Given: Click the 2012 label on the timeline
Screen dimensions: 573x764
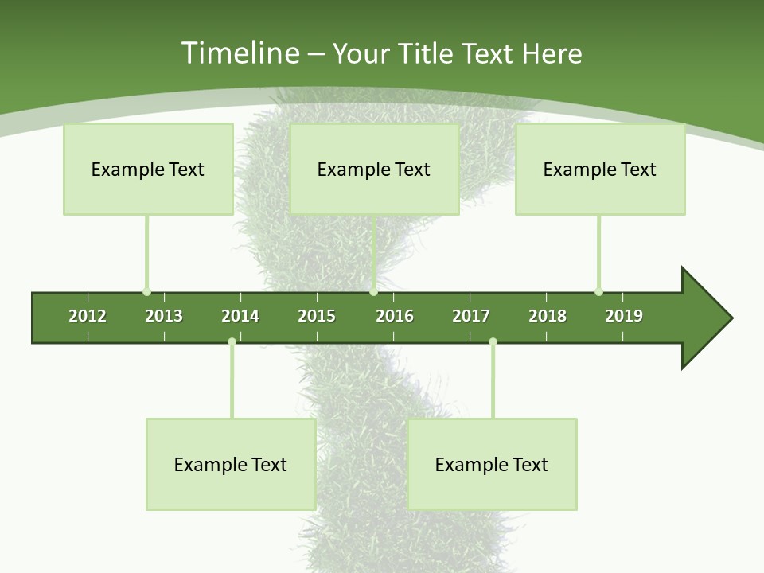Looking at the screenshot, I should pos(88,316).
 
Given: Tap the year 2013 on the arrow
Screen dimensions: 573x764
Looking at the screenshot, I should pos(164,316).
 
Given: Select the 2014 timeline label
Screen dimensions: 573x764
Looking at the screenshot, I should pos(240,316).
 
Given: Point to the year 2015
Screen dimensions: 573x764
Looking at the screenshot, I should pos(317,316).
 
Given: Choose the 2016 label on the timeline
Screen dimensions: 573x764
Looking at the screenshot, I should pos(395,316).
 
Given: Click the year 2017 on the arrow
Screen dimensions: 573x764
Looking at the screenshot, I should pos(471,316).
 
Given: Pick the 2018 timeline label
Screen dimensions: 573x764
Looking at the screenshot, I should pos(548,316).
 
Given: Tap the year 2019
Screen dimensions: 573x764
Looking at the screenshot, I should pos(624,316).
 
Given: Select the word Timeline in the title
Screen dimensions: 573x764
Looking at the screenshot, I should pos(239,53).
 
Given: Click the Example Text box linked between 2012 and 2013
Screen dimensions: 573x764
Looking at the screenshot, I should pos(148,169).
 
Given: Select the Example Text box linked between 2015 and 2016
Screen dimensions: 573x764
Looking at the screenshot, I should pos(374,169).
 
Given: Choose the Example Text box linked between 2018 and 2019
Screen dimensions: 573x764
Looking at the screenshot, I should pos(600,169).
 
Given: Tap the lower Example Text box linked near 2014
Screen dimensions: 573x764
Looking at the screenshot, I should pos(231,464).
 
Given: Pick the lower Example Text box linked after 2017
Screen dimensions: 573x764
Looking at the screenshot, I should pos(492,464).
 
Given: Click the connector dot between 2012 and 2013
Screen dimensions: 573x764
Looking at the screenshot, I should pos(146,291).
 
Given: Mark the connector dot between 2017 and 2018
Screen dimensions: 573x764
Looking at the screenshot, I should pos(493,342).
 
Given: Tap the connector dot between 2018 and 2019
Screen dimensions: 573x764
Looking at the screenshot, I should pos(598,291).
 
